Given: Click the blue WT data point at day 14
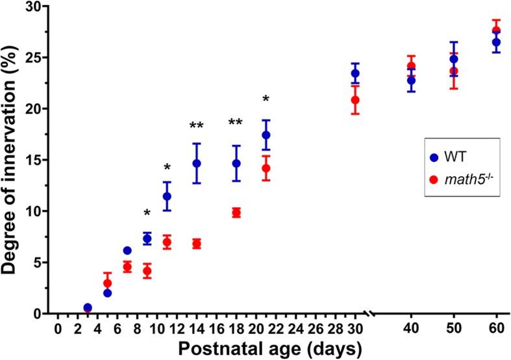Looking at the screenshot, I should point(197,163).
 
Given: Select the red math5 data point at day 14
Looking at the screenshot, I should point(197,244).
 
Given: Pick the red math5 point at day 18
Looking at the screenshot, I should point(236,212).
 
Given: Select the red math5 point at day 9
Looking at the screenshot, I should point(147,271).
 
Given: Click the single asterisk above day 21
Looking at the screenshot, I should point(266,100).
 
